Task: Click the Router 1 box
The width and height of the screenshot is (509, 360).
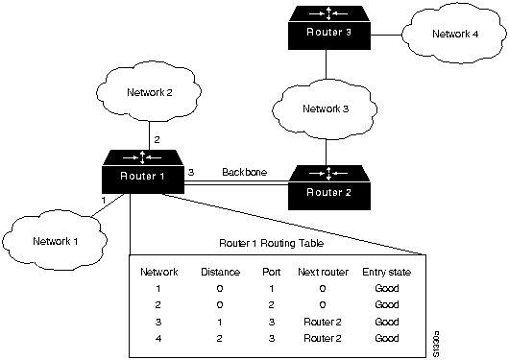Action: (143, 172)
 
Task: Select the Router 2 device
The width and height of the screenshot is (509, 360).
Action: (329, 187)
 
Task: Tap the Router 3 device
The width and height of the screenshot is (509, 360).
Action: (329, 28)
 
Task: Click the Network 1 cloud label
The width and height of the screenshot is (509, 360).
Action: (56, 241)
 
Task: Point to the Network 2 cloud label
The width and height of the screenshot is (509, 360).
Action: (150, 92)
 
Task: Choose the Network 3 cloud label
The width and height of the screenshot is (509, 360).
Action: (326, 108)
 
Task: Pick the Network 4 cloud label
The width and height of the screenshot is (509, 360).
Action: (455, 34)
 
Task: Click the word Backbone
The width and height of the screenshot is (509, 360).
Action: (245, 172)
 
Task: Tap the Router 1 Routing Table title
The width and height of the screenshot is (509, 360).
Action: (272, 243)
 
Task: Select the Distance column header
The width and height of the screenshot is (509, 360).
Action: (221, 272)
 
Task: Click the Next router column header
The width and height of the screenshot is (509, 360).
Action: (323, 272)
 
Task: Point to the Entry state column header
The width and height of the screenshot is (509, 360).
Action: (387, 272)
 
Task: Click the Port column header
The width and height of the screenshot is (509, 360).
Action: (272, 272)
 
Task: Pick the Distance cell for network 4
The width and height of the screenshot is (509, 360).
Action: (219, 338)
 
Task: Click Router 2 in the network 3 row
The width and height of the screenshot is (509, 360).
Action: (323, 322)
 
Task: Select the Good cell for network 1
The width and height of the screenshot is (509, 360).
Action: (387, 288)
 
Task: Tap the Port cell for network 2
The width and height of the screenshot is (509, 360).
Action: (272, 305)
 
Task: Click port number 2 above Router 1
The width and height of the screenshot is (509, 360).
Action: (157, 139)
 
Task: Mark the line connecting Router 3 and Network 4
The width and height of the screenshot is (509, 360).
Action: (386, 35)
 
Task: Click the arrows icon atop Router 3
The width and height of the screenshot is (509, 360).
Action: (328, 13)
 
